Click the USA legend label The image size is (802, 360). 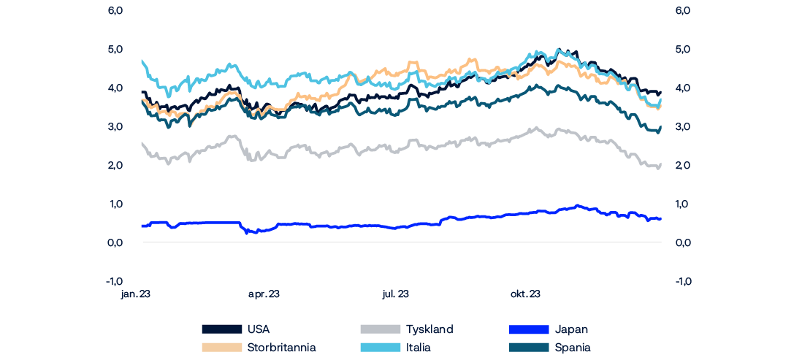259,329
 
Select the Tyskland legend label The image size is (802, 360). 429,329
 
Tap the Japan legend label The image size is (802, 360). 571,329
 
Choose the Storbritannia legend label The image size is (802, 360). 282,348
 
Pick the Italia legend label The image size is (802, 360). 419,348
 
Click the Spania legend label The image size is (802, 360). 573,348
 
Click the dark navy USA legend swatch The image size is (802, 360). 221,329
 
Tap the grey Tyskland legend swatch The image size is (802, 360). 381,329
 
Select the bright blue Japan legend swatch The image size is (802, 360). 527,329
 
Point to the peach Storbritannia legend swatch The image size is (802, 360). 221,348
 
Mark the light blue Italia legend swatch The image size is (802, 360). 381,348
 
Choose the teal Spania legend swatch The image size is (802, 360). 527,348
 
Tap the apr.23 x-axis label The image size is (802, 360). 264,294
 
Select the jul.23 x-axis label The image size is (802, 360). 395,294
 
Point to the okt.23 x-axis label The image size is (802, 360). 524,294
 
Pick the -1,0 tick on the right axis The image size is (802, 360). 683,280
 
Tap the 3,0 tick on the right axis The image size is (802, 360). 684,127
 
